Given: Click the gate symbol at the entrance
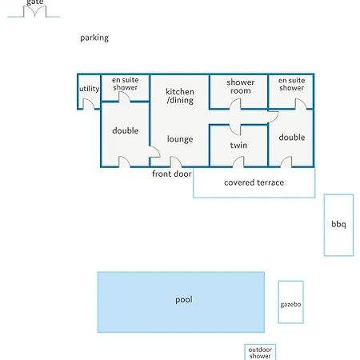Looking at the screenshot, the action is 34,12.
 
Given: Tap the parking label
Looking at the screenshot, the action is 94,38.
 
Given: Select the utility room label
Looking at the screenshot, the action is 89,89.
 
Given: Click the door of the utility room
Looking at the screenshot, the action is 88,104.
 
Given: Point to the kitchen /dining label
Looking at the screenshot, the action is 180,96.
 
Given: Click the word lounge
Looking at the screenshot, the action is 180,139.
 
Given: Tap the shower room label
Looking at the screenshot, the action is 241,86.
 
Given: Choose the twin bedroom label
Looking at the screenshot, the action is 238,146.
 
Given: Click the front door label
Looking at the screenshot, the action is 172,174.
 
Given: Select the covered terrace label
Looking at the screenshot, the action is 254,182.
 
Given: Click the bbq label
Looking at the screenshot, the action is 338,224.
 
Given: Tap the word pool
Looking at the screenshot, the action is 184,300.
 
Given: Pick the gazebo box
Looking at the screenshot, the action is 290,302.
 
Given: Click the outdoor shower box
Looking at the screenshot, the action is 260,352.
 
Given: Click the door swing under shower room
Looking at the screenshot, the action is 235,104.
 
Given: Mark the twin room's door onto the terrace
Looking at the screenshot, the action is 238,162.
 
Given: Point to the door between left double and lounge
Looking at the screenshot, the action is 154,152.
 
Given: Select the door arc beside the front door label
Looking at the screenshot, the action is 176,162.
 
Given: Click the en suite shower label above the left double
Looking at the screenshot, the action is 125,84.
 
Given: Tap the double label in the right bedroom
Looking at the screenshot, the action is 292,138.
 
